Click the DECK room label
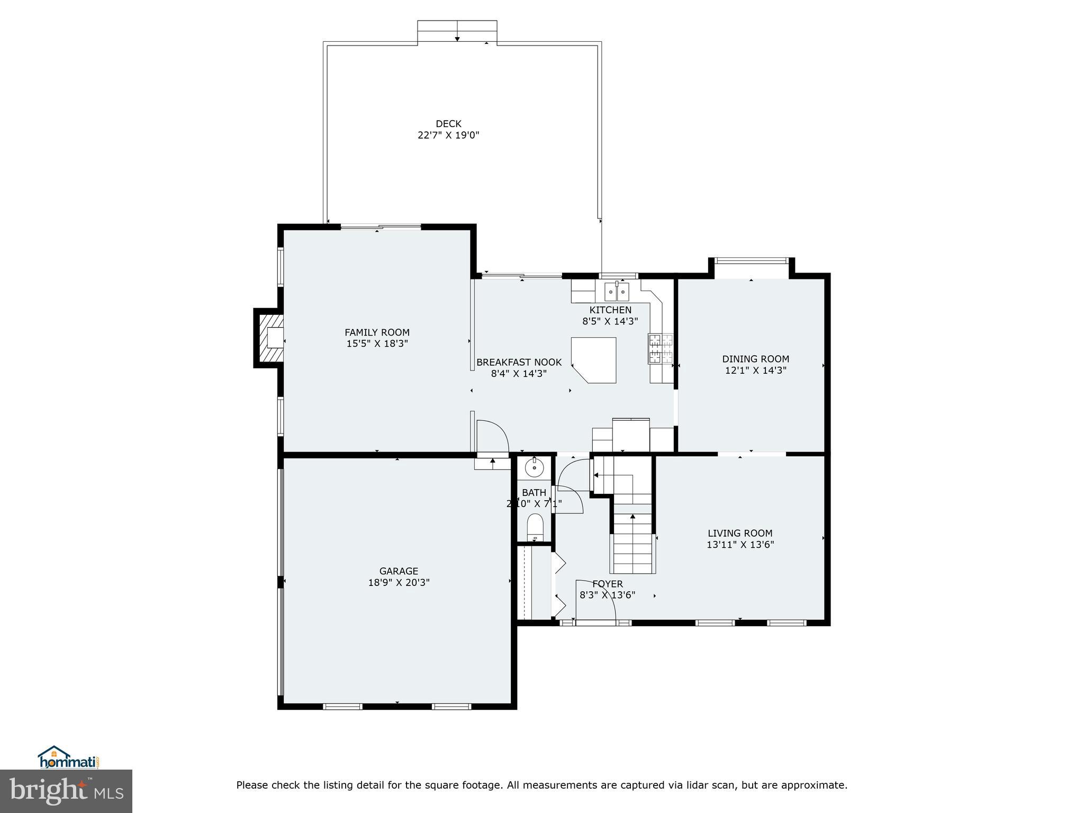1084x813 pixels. click(448, 124)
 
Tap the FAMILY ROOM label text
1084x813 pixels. click(377, 332)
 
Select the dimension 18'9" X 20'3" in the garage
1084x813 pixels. click(399, 582)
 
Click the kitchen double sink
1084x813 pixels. click(617, 291)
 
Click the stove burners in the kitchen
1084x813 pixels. click(661, 349)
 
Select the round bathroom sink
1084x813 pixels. click(535, 467)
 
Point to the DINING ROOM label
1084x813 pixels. click(755, 359)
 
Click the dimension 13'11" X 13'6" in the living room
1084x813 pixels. click(740, 544)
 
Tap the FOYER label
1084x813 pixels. click(607, 584)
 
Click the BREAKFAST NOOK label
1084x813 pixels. click(519, 363)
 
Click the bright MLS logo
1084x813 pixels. click(66, 791)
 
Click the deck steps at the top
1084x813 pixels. click(457, 32)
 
